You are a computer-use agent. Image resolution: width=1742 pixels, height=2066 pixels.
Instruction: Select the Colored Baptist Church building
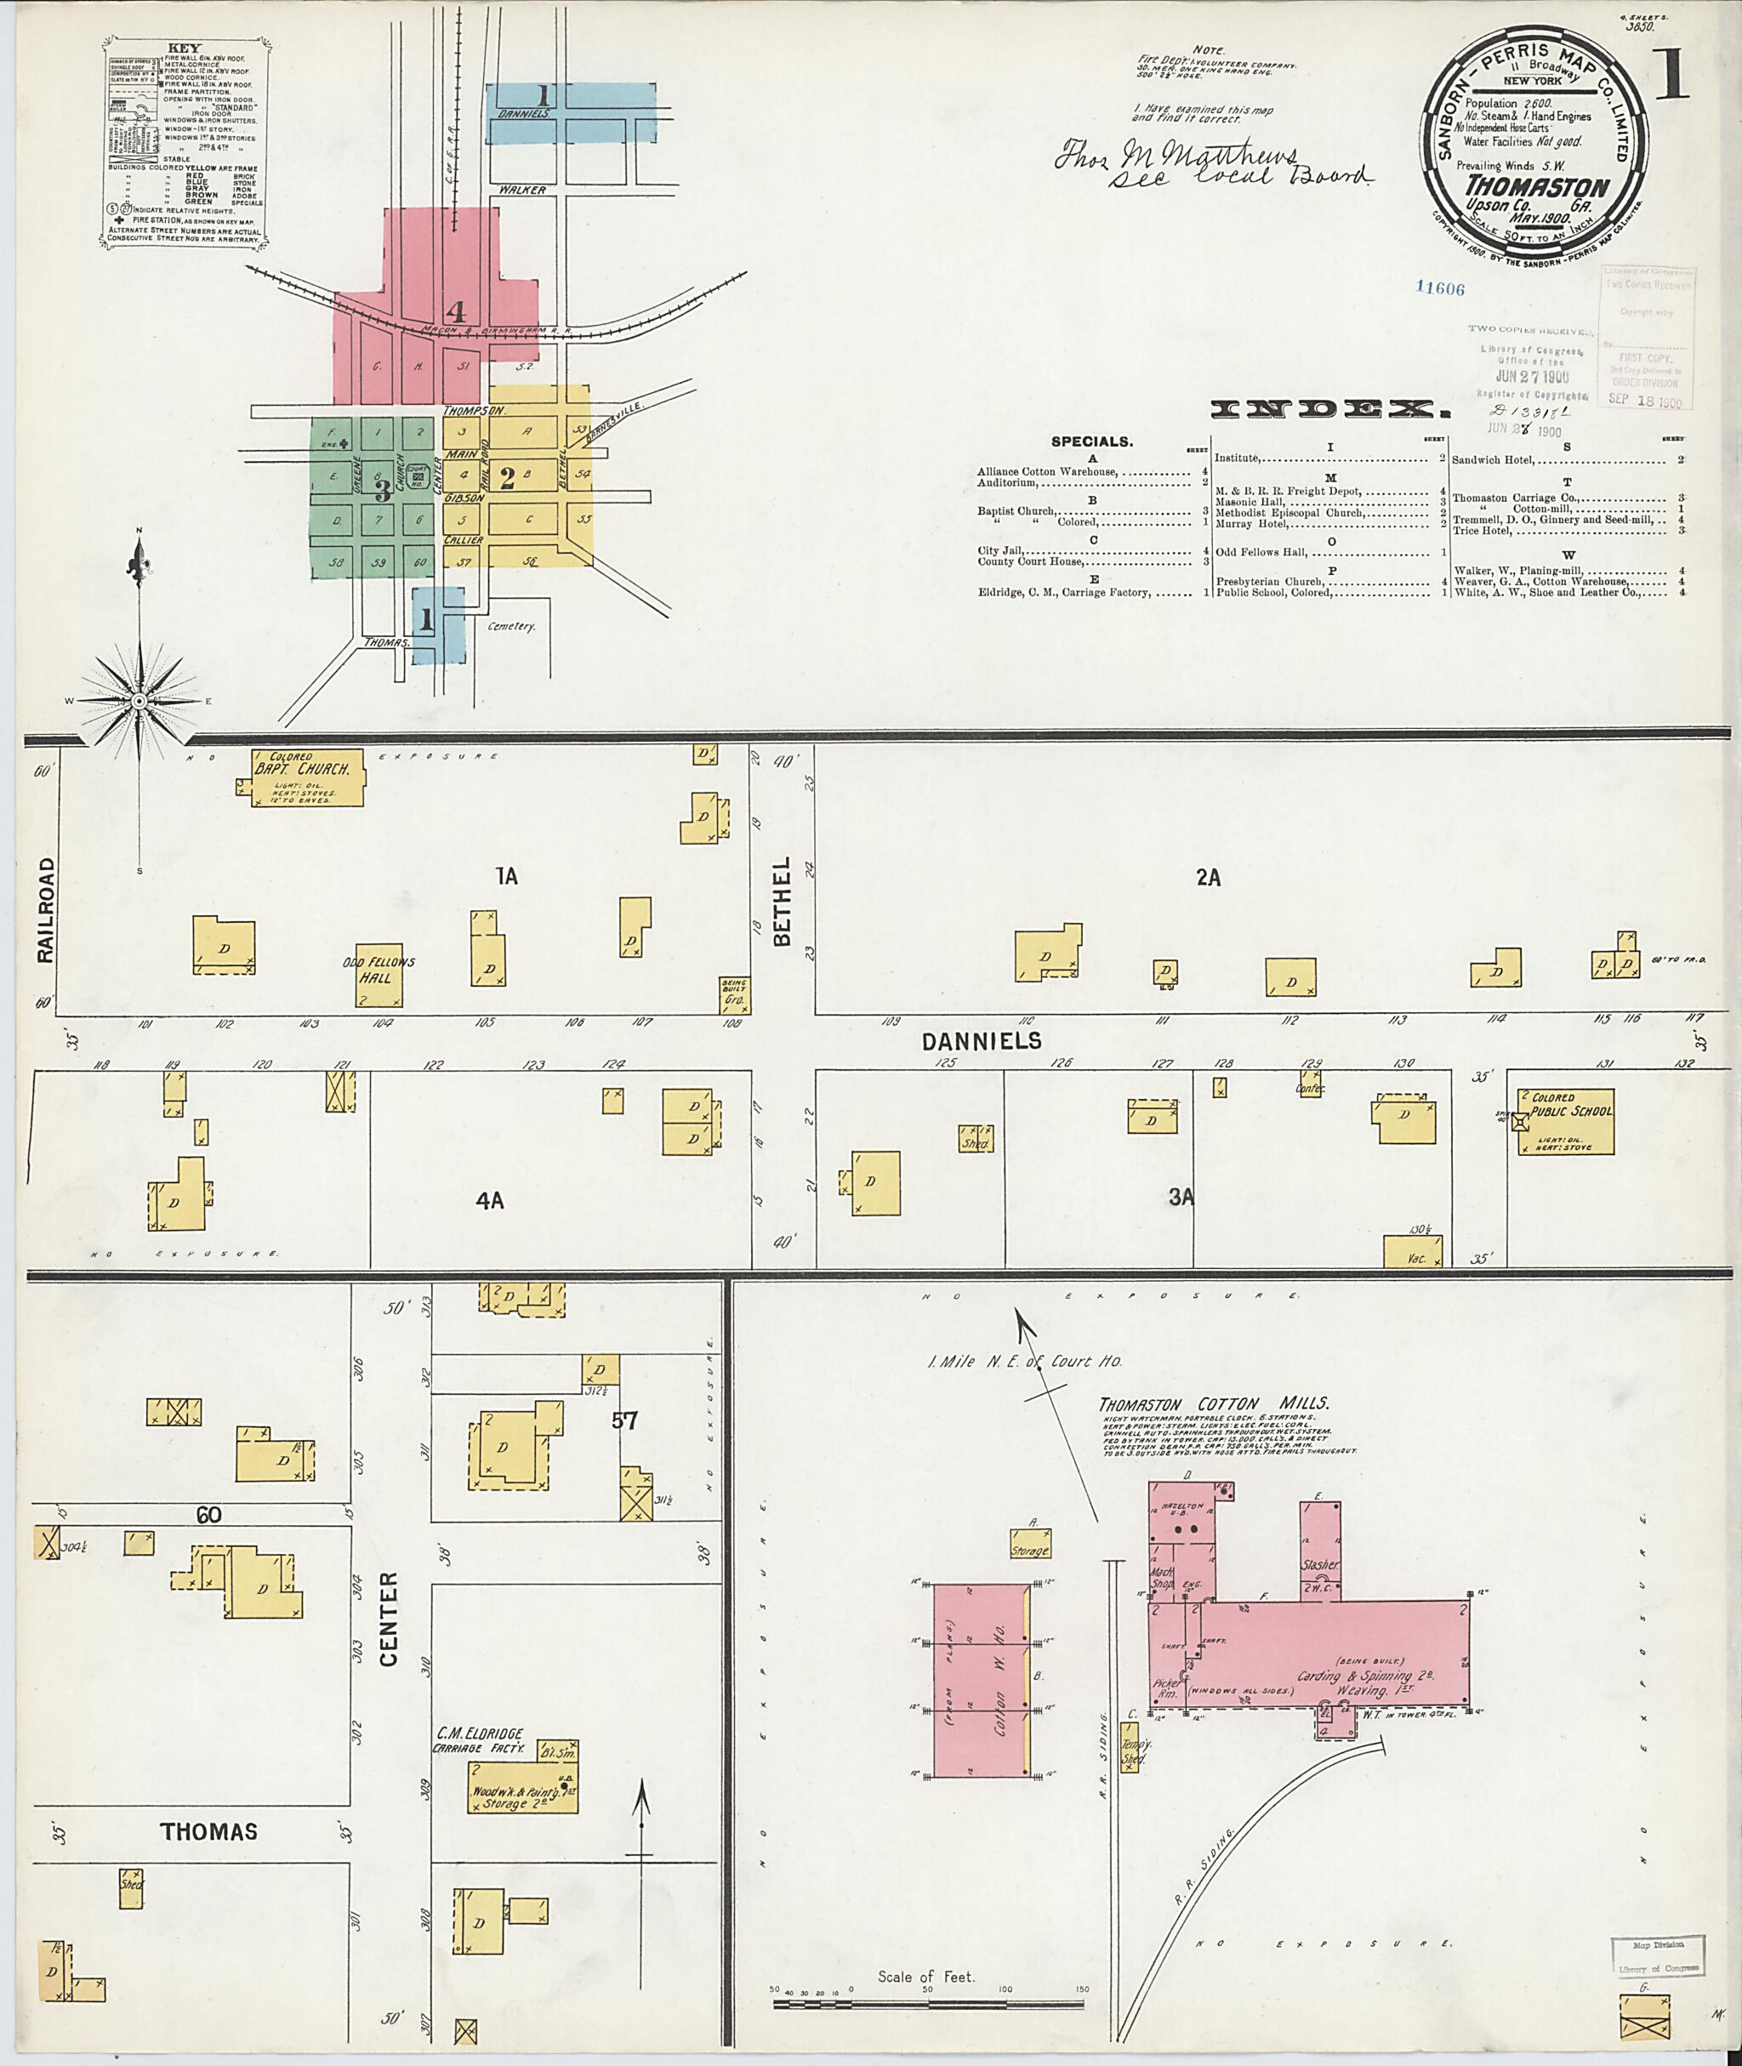(309, 777)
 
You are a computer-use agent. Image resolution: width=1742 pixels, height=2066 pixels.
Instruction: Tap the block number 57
(624, 1421)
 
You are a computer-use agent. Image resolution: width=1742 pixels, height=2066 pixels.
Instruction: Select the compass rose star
(140, 700)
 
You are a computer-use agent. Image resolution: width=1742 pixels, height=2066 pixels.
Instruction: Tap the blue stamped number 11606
(1439, 288)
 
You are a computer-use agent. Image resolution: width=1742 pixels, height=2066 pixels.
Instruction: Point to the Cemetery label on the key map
(511, 626)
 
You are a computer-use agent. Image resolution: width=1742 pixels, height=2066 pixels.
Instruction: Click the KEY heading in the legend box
(183, 48)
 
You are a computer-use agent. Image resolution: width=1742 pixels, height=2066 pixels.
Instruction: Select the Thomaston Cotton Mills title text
(1214, 1403)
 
